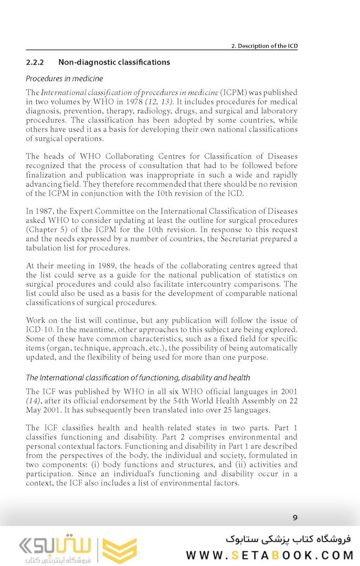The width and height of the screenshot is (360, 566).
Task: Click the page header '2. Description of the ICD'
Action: point(264,46)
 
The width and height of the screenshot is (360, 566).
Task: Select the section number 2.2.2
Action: point(35,62)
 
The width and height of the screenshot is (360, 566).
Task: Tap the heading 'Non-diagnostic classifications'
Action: point(114,62)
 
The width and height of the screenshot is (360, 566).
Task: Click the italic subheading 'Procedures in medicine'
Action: point(64,79)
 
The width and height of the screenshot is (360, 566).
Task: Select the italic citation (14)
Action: point(33,401)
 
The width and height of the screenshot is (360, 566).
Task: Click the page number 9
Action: point(295,518)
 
